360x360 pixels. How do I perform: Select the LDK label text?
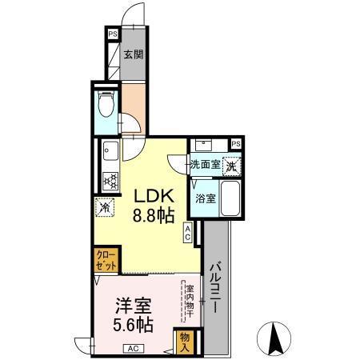(149, 195)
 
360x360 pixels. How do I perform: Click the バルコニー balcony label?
(215, 289)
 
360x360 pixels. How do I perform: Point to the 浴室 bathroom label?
(204, 198)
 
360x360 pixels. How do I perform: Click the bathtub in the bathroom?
(230, 198)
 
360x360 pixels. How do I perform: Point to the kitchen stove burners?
(110, 179)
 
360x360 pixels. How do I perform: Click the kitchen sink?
(110, 150)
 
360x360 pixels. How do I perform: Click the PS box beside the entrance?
(113, 35)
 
